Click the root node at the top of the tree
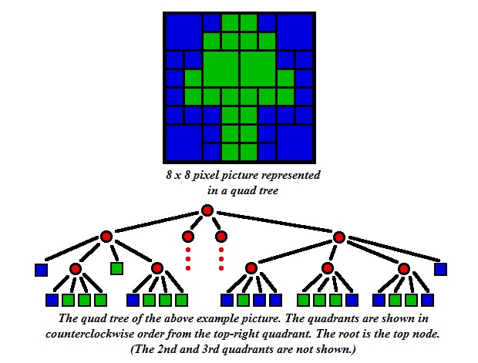[x=207, y=210]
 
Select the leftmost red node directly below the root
[x=106, y=236]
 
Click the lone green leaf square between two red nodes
[x=116, y=268]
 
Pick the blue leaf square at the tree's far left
[x=41, y=270]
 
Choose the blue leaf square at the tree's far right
[x=440, y=269]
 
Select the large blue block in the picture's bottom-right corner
[x=295, y=143]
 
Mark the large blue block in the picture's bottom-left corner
[x=183, y=143]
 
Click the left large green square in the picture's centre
[x=220, y=69]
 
